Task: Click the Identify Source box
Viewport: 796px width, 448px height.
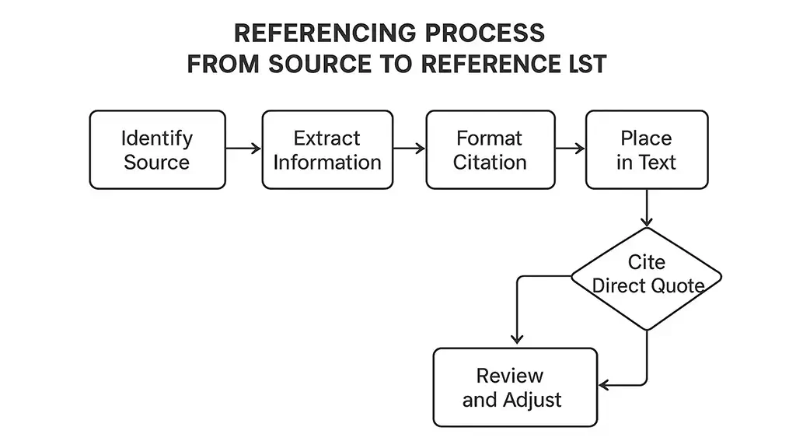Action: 157,150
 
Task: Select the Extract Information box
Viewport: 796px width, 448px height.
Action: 326,150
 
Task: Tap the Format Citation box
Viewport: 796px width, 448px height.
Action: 491,150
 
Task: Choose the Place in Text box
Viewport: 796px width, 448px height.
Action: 646,150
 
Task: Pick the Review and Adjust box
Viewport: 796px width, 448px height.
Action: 515,387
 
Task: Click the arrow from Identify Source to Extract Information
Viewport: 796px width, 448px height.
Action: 243,149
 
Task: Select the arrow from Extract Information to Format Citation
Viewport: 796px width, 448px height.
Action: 408,149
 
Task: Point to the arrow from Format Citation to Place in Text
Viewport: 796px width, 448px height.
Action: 570,149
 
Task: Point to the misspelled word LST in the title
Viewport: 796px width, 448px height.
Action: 586,65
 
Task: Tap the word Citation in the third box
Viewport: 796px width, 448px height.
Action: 491,163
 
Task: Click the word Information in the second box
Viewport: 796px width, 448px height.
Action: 327,163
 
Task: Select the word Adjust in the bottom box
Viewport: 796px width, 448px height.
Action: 532,401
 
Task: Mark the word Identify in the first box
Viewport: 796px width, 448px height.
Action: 157,138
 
